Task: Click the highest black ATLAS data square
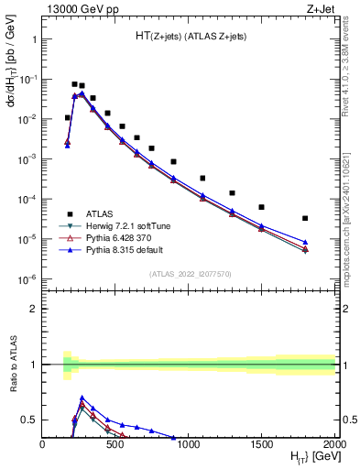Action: point(74,84)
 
